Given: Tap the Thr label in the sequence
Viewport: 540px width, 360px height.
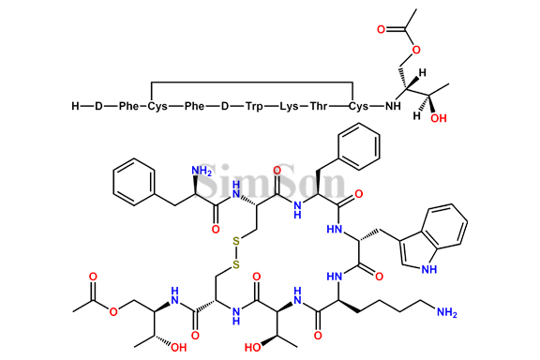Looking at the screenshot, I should coord(325,107).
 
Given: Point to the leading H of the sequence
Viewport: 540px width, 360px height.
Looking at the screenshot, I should coord(75,107).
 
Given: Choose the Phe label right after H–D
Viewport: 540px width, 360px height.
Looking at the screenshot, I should coord(128,107).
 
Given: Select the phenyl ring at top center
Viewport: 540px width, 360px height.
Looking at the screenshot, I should coord(360,147).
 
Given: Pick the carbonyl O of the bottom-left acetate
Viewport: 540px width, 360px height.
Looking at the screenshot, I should coord(94,278).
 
